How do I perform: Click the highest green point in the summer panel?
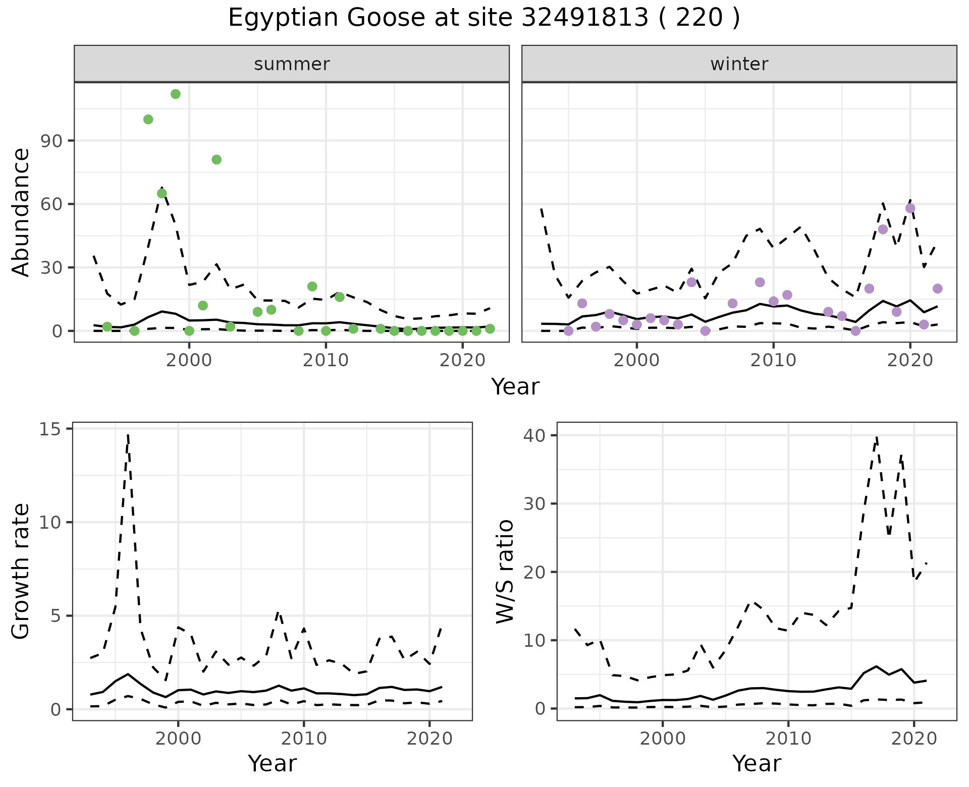coord(176,94)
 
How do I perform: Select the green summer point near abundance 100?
coord(148,119)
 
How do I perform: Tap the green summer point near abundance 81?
coord(217,159)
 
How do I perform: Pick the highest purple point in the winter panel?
coord(910,208)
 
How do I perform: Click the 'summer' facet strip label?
coord(292,64)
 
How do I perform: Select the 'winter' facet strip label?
coord(739,64)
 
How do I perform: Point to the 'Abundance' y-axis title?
coord(21,212)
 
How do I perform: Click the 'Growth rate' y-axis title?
coord(21,572)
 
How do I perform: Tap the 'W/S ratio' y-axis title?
coord(505,572)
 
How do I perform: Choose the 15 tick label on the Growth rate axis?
coord(49,429)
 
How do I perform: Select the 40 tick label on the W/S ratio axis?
coord(534,435)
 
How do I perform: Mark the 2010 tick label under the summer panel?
coord(326,361)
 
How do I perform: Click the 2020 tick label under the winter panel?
coord(910,361)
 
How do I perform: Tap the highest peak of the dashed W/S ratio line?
coord(877,437)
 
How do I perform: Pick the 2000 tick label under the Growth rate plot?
coord(178,739)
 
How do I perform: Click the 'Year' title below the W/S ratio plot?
coord(757,763)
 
